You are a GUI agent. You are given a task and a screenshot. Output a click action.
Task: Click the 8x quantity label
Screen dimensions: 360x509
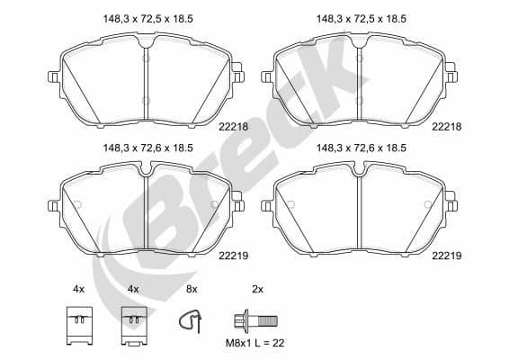[x=192, y=289]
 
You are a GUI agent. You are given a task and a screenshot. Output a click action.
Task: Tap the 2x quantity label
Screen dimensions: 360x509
[x=257, y=289]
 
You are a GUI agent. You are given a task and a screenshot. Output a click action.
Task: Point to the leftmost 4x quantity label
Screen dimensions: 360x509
[x=78, y=289]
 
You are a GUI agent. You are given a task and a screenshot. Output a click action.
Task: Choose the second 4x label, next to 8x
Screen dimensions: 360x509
[x=133, y=289]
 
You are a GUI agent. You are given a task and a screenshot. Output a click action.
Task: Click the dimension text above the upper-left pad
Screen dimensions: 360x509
[x=145, y=15]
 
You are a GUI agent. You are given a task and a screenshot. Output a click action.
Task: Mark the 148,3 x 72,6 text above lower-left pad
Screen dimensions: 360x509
[x=145, y=148]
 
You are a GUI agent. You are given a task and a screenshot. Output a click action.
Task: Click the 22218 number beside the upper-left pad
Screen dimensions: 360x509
[x=232, y=129]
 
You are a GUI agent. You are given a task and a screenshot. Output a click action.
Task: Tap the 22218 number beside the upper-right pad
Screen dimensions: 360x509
[x=446, y=129]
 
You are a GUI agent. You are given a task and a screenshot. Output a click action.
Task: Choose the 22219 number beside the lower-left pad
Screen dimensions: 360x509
[x=232, y=256]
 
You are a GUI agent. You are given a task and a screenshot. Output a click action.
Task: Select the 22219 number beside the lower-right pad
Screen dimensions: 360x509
[x=446, y=256]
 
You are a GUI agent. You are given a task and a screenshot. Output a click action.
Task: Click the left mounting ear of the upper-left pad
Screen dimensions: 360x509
[x=53, y=77]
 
